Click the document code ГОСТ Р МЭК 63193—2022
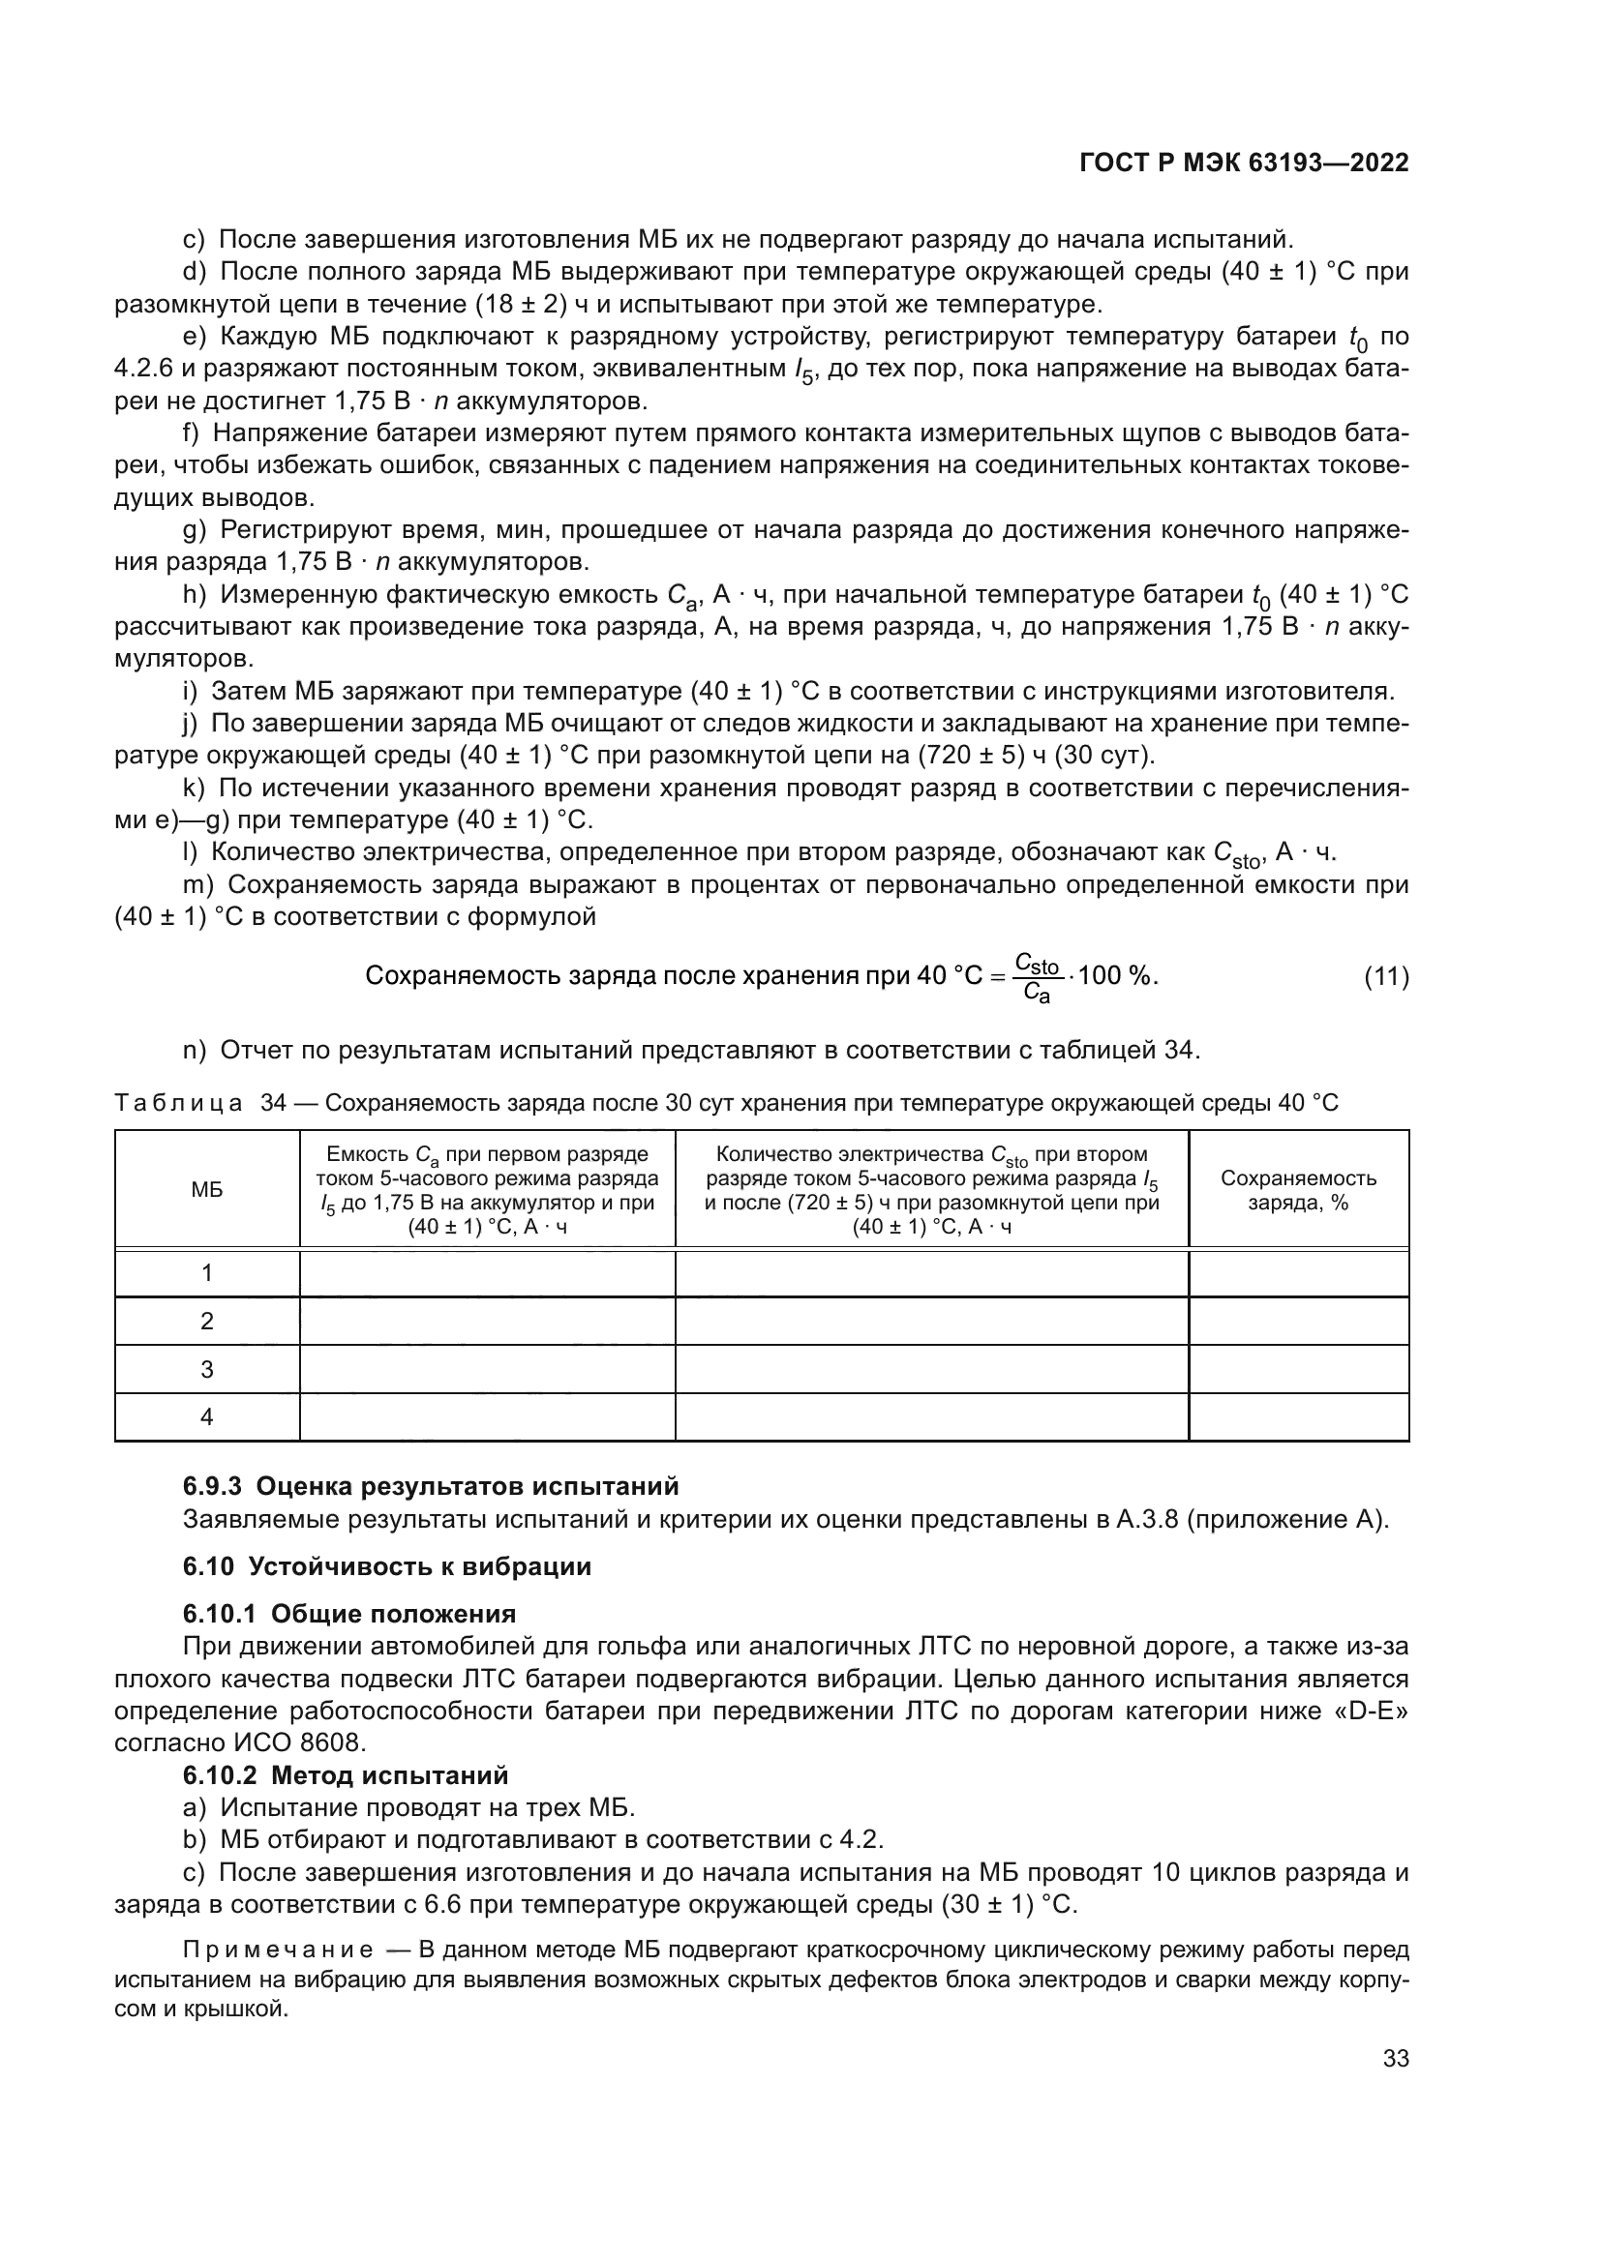1243,164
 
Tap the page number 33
1395,2058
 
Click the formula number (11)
1386,977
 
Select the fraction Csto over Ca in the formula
1036,977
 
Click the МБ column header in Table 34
207,1190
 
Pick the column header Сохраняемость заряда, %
1298,1190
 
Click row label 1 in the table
207,1272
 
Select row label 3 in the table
207,1369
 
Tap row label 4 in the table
207,1416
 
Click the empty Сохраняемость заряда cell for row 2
1298,1321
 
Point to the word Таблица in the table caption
178,1103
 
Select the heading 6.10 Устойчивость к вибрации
386,1566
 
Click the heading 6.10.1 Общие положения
349,1614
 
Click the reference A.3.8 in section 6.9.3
1146,1519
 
